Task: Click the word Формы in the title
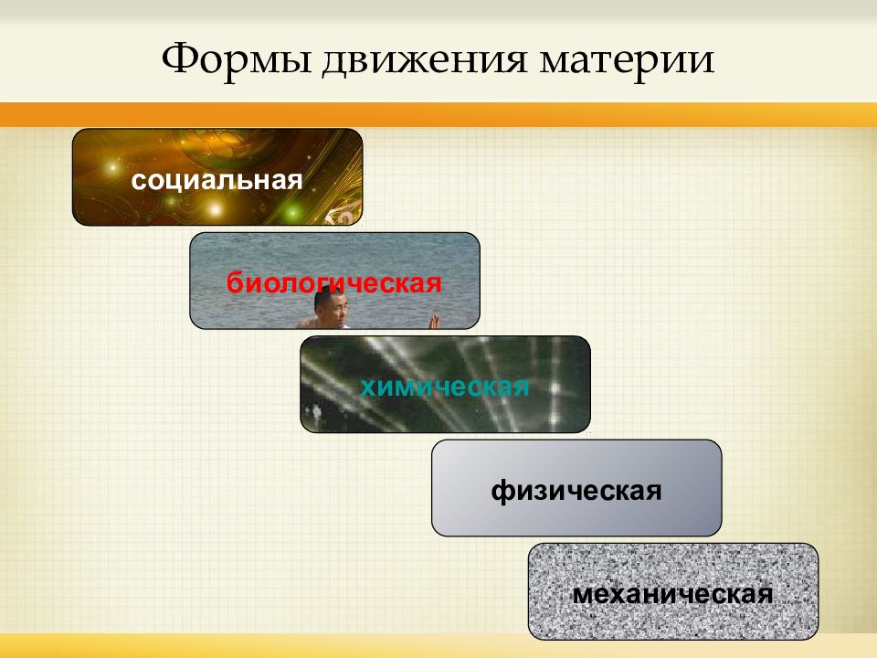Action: click(x=237, y=59)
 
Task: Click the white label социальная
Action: click(x=217, y=181)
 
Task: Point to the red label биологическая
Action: click(x=334, y=282)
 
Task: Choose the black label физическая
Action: click(x=576, y=491)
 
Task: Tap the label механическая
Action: click(x=673, y=594)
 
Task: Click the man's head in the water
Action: click(x=331, y=306)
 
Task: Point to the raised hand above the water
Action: click(x=433, y=322)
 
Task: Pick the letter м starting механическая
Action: click(x=584, y=595)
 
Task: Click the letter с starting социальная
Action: click(x=139, y=181)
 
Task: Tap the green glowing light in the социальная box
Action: click(x=291, y=213)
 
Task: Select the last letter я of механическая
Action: click(x=765, y=595)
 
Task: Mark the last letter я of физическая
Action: click(x=653, y=492)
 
